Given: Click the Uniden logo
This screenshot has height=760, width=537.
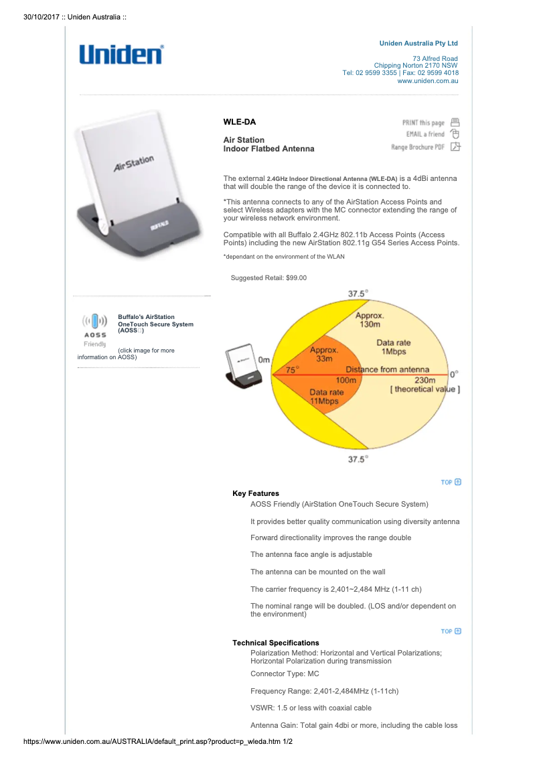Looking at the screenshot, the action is tap(121, 54).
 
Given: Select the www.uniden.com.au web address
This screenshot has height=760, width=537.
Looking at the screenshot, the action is tap(427, 80).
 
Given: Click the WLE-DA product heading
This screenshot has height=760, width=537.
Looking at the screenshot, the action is tap(239, 122).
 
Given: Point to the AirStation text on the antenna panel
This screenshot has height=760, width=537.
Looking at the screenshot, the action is tap(133, 164).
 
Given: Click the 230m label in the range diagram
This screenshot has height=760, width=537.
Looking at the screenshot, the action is tap(425, 380).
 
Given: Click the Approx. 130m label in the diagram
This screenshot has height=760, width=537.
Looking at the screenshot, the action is tap(370, 320).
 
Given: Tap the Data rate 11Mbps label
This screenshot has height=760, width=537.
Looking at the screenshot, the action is tap(326, 396).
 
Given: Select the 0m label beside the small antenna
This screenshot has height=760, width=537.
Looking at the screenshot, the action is tap(264, 360).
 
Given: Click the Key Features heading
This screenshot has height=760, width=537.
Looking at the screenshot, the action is tap(256, 493).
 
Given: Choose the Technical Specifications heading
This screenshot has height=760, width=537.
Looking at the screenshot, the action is tap(276, 643).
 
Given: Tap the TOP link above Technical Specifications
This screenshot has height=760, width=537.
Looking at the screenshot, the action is tap(451, 631).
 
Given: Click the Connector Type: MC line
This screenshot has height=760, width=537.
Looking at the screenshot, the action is tap(285, 674).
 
